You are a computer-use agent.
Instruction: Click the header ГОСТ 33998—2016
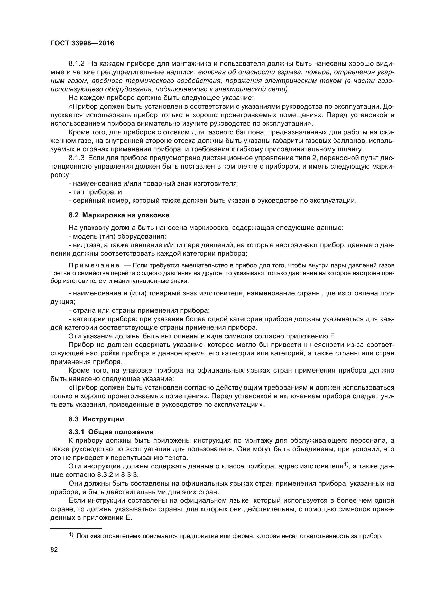pos(82,43)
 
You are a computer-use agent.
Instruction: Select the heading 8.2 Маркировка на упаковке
pos(119,215)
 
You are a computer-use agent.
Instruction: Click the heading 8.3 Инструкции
pos(96,419)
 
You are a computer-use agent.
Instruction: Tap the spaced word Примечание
pos(94,266)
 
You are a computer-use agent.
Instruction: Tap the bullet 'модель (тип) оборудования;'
pos(117,237)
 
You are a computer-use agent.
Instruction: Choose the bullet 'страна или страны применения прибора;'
pos(139,310)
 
